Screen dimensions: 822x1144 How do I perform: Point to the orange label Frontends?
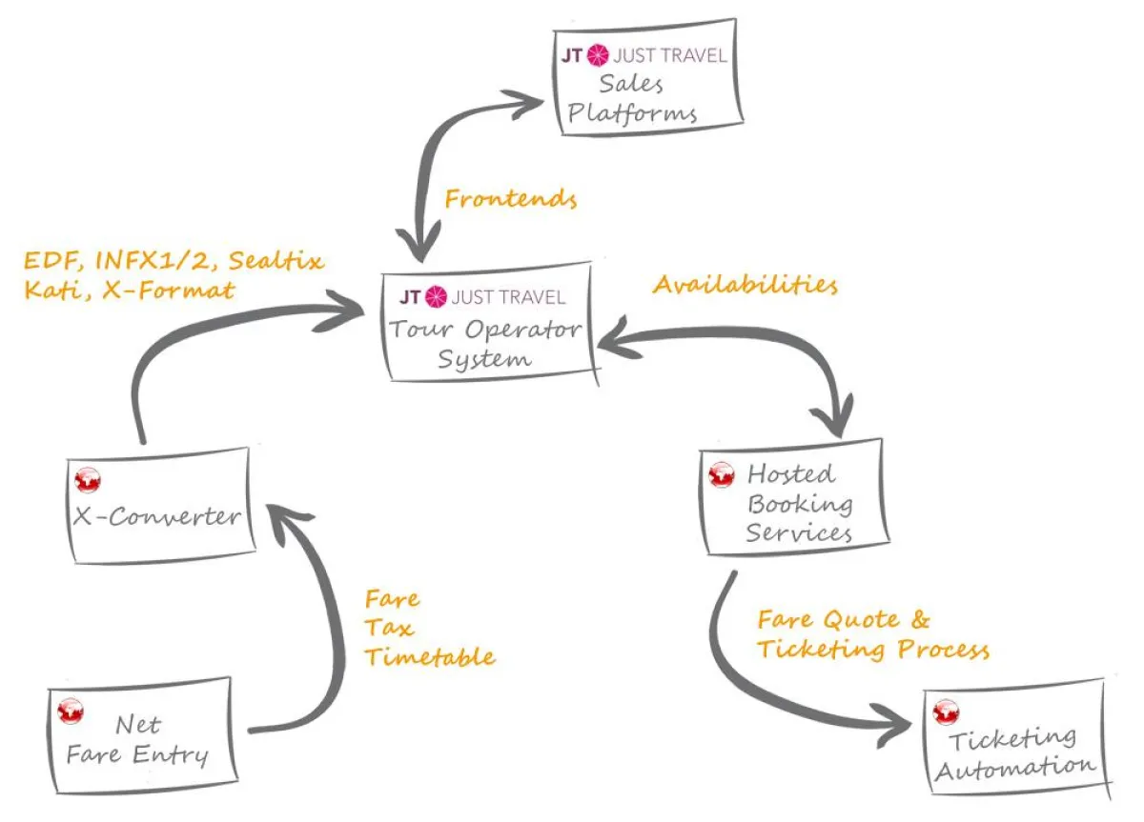(511, 199)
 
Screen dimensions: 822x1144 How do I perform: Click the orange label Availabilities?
(745, 285)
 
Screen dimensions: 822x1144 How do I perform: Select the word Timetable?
(430, 656)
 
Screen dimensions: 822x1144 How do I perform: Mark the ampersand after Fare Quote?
(920, 620)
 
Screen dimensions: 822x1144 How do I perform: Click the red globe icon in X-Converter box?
(89, 481)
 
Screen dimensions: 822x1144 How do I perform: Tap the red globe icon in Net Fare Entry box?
(71, 711)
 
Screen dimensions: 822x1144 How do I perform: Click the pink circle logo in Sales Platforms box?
(598, 55)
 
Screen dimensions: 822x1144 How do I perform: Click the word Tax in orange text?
(389, 628)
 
